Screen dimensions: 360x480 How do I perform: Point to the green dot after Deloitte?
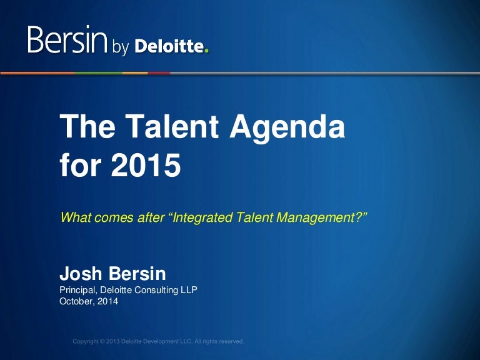(x=207, y=51)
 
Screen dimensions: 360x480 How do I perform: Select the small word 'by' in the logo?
(x=120, y=46)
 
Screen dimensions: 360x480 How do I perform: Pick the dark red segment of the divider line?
(x=159, y=73)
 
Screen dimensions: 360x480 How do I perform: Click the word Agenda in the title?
(x=288, y=128)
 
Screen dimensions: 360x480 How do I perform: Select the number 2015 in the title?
(x=145, y=166)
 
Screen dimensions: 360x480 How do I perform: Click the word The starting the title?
(x=84, y=128)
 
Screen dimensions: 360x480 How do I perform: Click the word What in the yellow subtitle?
(x=73, y=217)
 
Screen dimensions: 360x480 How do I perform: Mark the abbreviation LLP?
(x=189, y=290)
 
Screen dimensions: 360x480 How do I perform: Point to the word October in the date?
(x=75, y=301)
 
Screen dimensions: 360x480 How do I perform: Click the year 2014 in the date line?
(x=107, y=301)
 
